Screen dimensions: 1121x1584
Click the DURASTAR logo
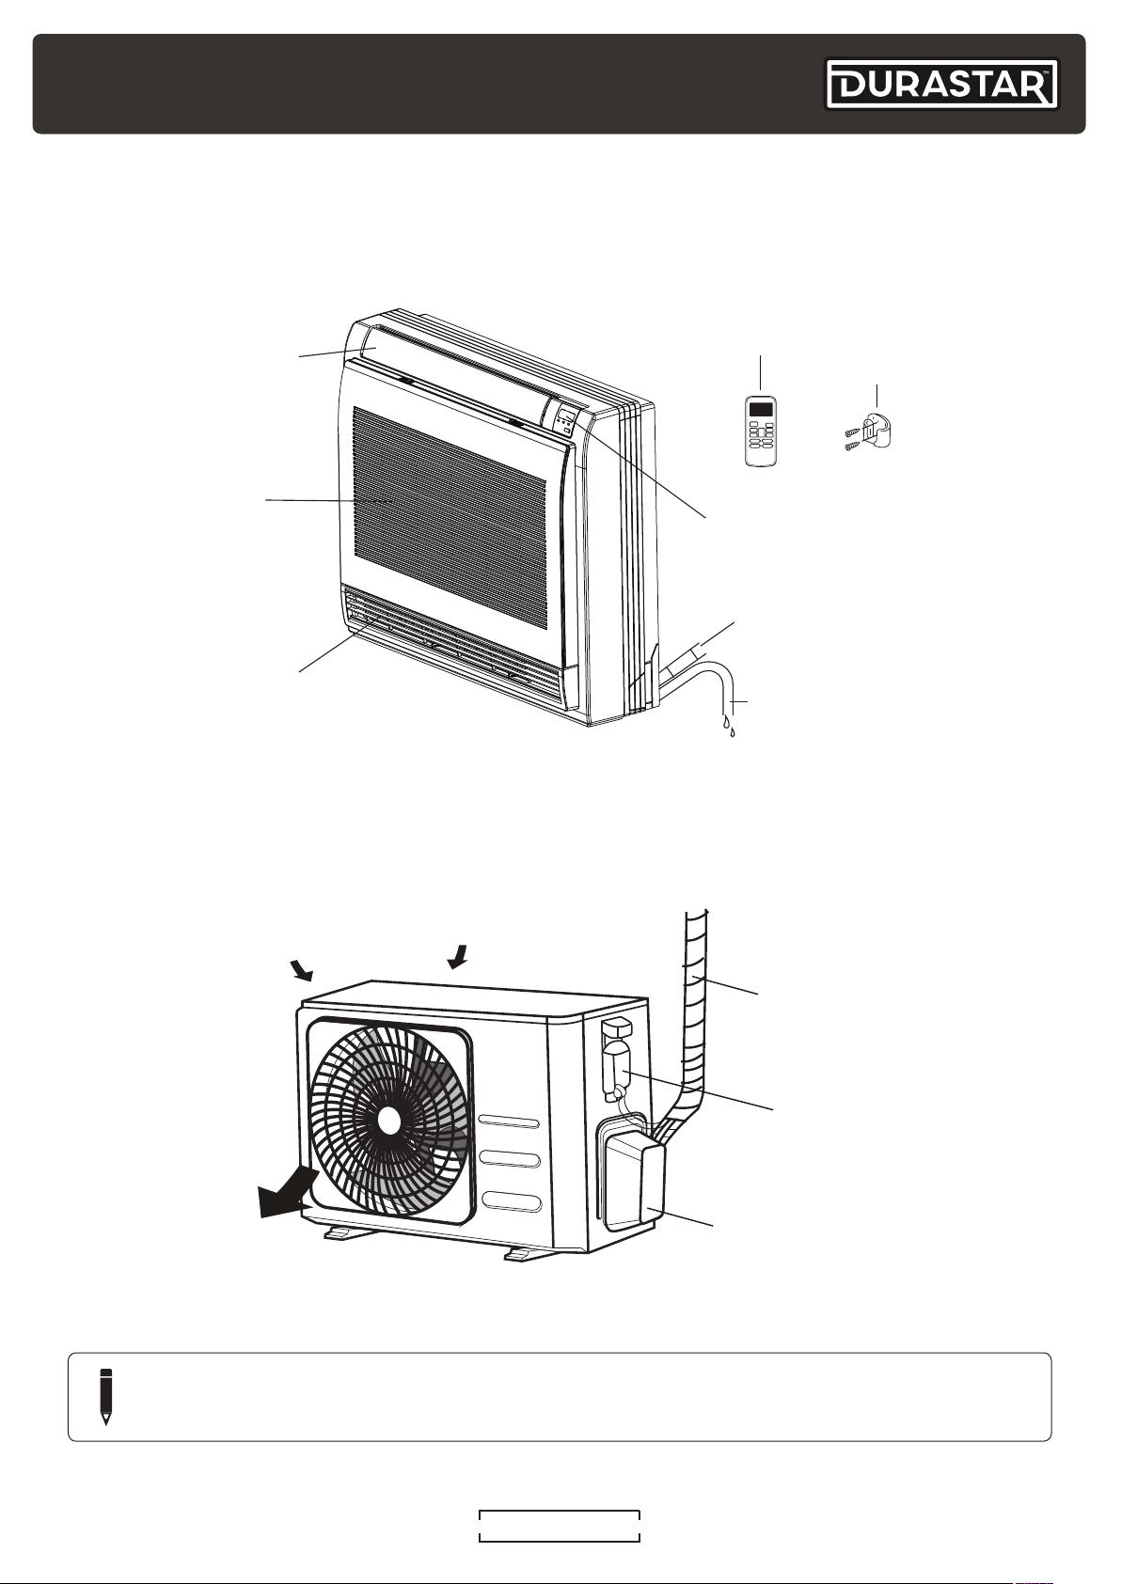[942, 85]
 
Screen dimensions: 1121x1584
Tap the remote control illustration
[760, 431]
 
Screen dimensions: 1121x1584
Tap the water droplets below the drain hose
[729, 727]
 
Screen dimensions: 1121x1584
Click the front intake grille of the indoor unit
[450, 504]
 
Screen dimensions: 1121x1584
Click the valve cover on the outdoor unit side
[632, 1176]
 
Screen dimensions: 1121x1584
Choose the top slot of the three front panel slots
[509, 1122]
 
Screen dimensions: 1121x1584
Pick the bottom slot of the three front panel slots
[509, 1201]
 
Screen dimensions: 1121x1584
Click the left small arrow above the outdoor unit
[303, 970]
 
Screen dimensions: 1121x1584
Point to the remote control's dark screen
[760, 408]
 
